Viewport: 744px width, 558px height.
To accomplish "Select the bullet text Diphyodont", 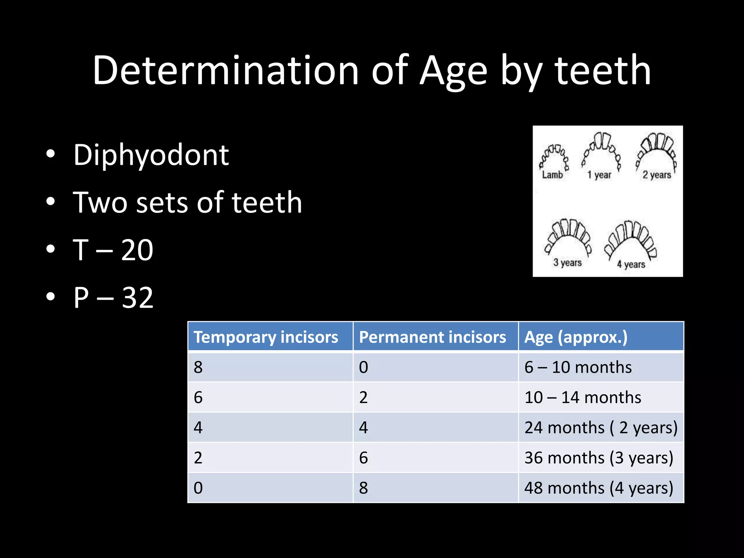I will pos(151,155).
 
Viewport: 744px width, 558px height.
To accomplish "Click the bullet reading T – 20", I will pos(113,250).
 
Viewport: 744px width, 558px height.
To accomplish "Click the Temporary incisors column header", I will pos(266,337).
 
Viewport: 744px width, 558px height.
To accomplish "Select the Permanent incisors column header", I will pos(432,337).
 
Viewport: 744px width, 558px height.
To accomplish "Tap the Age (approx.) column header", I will pos(576,337).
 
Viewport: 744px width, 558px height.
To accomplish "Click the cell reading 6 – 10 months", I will pos(578,367).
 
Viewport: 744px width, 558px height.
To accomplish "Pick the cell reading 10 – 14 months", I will pos(583,397).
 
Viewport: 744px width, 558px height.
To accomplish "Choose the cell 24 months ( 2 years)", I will pos(601,428).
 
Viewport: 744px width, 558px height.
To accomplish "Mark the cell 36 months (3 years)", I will pos(599,458).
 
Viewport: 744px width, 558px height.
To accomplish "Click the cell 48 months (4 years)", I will pos(599,488).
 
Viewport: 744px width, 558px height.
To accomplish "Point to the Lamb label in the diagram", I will pos(552,175).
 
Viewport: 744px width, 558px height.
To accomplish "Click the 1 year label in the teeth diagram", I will pos(599,175).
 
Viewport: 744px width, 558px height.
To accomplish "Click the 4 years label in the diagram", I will pos(631,264).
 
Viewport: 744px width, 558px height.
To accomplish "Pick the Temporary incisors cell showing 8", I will pos(198,367).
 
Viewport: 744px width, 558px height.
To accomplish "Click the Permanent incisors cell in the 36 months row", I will pos(364,458).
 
